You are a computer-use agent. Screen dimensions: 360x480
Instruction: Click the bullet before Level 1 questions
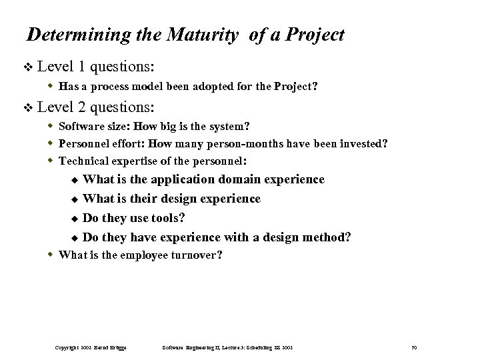(x=27, y=67)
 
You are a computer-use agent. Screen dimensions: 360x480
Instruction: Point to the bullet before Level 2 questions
(x=27, y=107)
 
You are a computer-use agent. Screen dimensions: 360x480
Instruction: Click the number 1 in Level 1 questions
(x=81, y=67)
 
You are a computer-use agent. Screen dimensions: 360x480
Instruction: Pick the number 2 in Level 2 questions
(x=81, y=106)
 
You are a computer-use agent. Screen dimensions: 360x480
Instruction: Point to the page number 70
(x=414, y=348)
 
